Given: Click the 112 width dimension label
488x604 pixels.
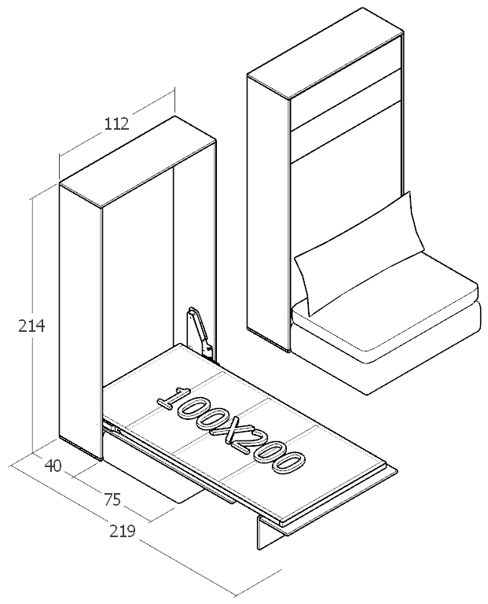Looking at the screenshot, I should pos(116,123).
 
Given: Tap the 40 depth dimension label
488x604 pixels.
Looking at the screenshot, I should pos(53,466).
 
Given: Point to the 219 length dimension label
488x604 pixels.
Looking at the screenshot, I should pos(122,532).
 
